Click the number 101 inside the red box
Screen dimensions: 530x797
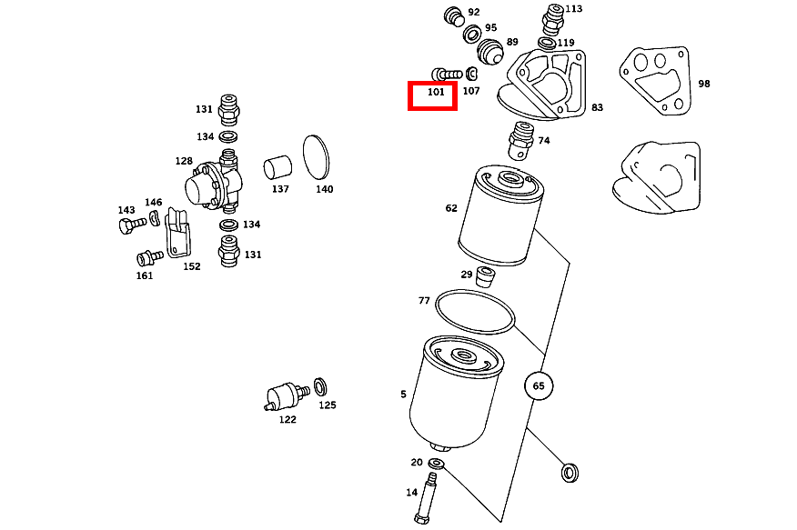[435, 92]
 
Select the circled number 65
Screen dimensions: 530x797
[539, 385]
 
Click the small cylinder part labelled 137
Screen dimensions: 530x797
[277, 168]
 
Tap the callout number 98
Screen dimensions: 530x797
[703, 84]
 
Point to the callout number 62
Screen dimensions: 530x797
[451, 208]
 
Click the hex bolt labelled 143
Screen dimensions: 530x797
[128, 225]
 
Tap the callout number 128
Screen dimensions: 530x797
[184, 161]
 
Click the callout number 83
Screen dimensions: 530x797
[597, 107]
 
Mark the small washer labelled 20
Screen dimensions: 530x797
[436, 465]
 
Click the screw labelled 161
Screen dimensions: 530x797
[146, 258]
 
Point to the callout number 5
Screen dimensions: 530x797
[403, 395]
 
